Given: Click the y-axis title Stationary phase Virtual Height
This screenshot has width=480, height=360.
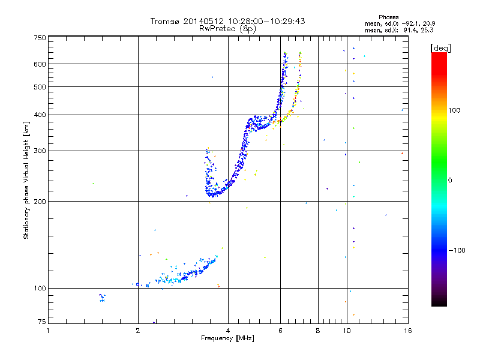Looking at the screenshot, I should click(x=26, y=180).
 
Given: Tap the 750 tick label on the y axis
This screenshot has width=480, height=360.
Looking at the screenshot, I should click(x=40, y=37).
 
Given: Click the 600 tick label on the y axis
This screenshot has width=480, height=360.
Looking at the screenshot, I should click(x=40, y=64).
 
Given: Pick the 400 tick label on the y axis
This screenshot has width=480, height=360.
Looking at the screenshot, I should click(x=40, y=115).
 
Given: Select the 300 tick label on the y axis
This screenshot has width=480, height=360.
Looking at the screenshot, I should click(x=40, y=151).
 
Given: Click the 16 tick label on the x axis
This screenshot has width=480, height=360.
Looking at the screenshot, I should click(x=407, y=331).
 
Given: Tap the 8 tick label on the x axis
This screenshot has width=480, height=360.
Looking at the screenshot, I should click(x=318, y=331).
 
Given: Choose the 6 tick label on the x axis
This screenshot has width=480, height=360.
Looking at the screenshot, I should click(x=280, y=331).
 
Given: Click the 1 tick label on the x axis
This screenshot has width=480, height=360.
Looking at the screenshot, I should click(x=48, y=331).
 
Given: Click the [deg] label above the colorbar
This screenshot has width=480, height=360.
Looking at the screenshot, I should click(x=441, y=47).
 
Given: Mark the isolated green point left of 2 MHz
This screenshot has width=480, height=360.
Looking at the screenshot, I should click(x=93, y=184).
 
